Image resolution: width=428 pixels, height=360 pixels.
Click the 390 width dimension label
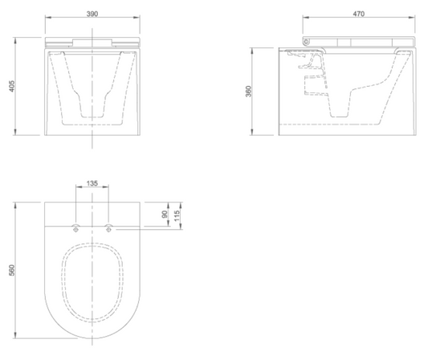92,14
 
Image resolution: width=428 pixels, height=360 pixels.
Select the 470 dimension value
359,14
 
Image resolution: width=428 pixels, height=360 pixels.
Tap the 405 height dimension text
12,86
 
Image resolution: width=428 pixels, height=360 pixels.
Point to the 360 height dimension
248,92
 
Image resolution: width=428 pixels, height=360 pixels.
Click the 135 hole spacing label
92,183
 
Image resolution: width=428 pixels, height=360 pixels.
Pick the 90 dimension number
165,215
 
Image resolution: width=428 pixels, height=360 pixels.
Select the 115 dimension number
177,216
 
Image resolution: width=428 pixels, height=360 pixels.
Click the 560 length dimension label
12,270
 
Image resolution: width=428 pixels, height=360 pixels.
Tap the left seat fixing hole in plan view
75,229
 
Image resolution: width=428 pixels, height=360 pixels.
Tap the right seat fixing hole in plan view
108,229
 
